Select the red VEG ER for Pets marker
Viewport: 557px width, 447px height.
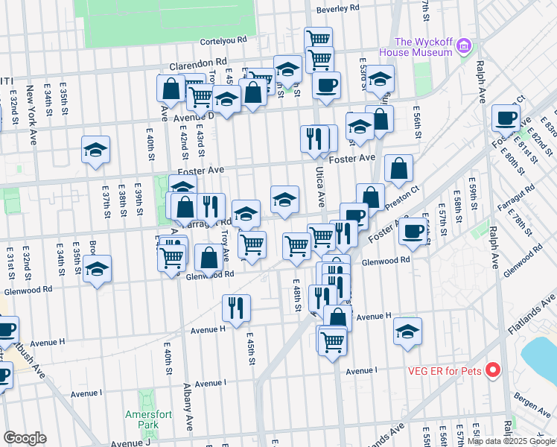click(491, 370)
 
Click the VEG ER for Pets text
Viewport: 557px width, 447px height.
click(445, 370)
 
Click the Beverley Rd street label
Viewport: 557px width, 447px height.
click(337, 9)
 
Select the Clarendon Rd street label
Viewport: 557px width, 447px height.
click(197, 65)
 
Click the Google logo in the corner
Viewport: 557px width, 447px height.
click(25, 437)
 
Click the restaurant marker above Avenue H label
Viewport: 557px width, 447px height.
click(236, 307)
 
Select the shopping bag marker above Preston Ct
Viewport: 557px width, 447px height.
click(399, 168)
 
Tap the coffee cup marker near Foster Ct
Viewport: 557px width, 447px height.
click(506, 118)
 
